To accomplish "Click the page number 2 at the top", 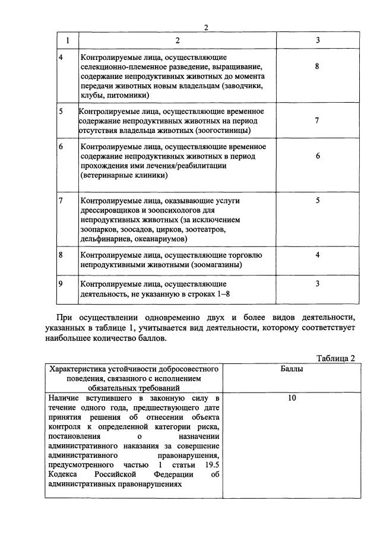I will [x=206, y=28].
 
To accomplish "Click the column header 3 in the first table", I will [x=318, y=40].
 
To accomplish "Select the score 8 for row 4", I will [x=318, y=67].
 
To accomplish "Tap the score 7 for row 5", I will [x=318, y=121].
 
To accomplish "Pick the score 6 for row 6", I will [x=318, y=156].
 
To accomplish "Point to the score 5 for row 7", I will [x=318, y=201].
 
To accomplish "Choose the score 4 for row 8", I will [x=318, y=255].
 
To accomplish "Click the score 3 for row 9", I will [x=318, y=283].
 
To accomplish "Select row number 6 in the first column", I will [x=61, y=146].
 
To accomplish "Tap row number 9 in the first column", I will [x=61, y=283].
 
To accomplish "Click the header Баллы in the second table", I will [x=292, y=369].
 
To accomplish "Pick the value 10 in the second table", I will [x=292, y=398].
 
